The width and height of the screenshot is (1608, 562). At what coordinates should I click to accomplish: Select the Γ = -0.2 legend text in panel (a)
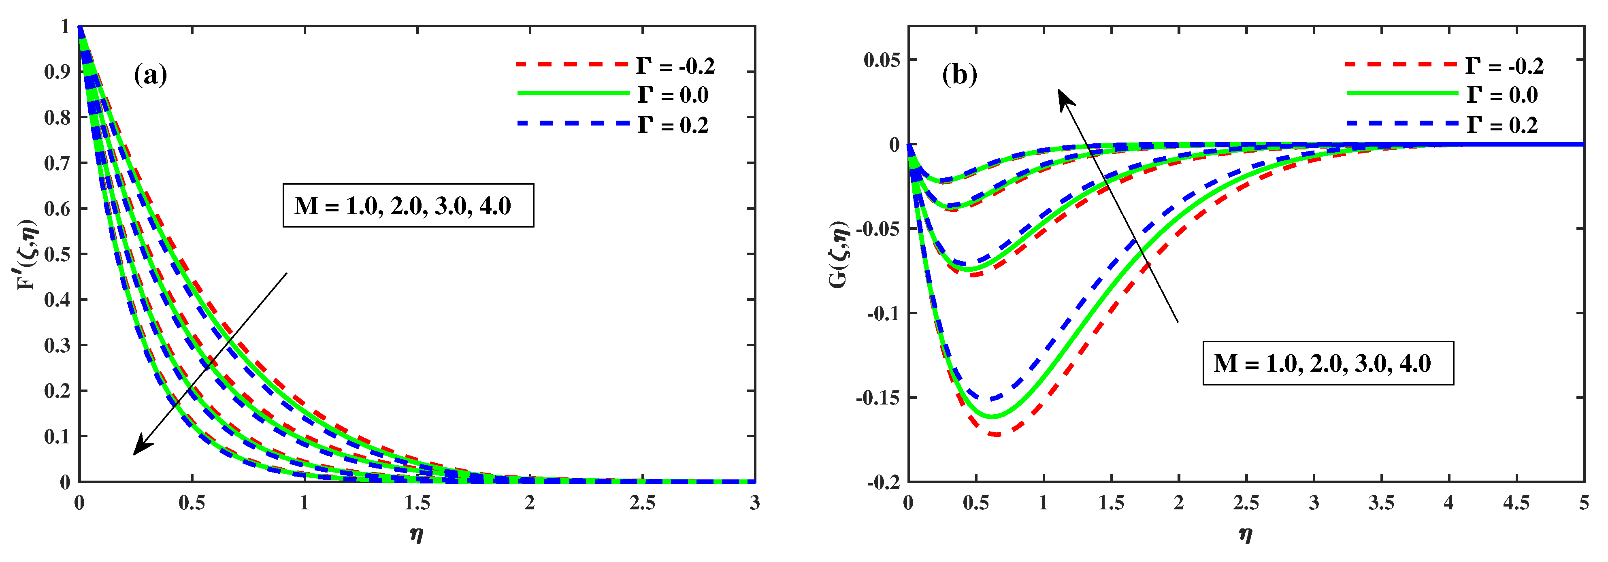pyautogui.click(x=675, y=66)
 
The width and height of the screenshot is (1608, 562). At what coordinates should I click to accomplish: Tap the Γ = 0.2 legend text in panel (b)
pyautogui.click(x=1501, y=125)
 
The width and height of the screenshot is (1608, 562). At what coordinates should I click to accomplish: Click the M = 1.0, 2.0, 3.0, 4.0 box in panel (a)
pyautogui.click(x=408, y=205)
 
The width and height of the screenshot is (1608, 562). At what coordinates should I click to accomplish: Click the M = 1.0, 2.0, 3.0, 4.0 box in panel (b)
pyautogui.click(x=1328, y=364)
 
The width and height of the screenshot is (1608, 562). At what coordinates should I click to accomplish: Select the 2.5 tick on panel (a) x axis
pyautogui.click(x=642, y=502)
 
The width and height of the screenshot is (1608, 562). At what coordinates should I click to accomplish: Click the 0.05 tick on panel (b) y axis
pyautogui.click(x=882, y=61)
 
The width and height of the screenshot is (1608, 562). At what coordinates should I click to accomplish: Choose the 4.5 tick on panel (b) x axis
pyautogui.click(x=1516, y=502)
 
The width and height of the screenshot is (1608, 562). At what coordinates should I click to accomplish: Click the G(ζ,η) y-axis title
pyautogui.click(x=839, y=254)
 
